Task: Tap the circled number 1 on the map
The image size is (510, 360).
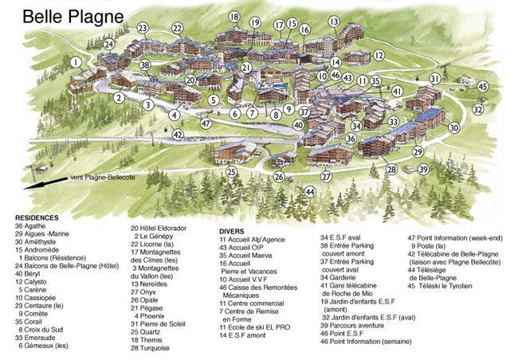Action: pos(75,61)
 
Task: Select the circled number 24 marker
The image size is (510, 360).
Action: pos(108,45)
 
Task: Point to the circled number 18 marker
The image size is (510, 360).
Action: pos(234,17)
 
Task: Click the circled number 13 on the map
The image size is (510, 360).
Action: pos(333,21)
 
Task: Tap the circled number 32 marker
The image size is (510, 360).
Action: pos(478,108)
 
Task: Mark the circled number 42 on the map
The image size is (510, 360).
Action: pos(178,135)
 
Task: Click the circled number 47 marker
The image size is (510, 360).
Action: pos(206,123)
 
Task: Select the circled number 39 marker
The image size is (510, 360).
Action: pos(423,170)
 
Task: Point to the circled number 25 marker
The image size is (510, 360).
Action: pos(231,171)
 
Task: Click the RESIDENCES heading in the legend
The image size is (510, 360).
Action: pos(38,217)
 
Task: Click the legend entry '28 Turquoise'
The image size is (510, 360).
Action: pos(151,348)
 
